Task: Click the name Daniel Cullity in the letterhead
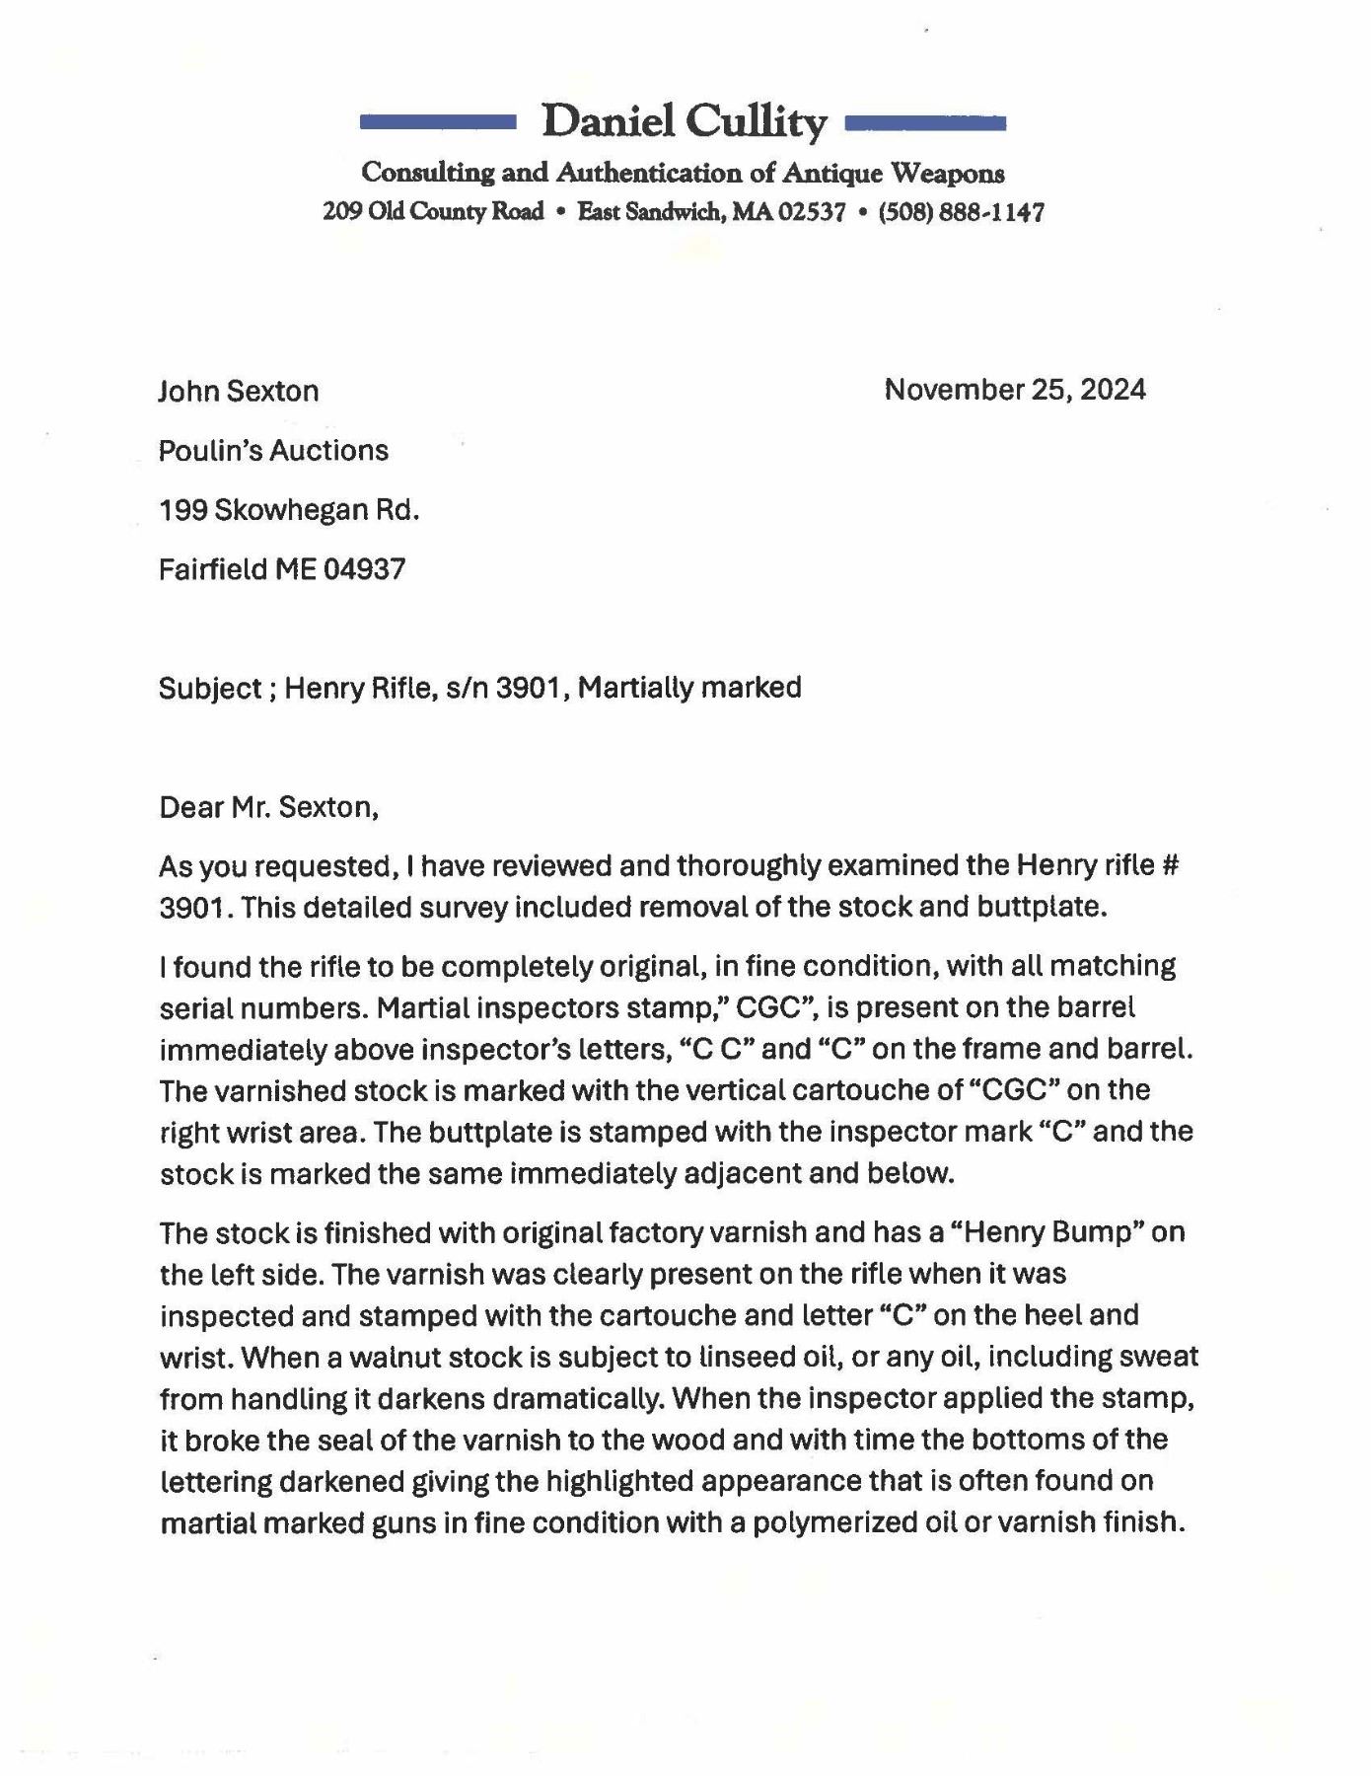tap(685, 122)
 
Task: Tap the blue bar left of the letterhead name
tap(438, 122)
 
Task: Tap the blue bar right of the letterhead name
tap(925, 122)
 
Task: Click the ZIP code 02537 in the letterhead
tap(813, 212)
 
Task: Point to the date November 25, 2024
tap(1015, 390)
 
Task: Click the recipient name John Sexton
tap(239, 392)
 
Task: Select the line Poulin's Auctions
tap(273, 451)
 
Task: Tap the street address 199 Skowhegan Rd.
tap(289, 510)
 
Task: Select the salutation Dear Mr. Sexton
tap(268, 807)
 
